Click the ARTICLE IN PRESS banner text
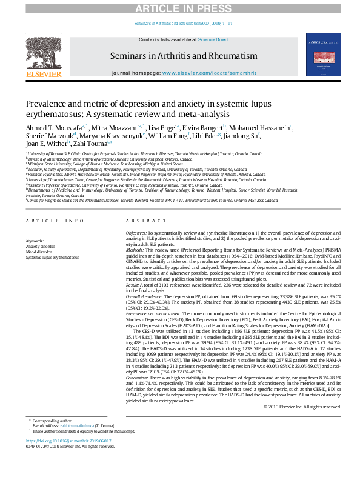point(179,7)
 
